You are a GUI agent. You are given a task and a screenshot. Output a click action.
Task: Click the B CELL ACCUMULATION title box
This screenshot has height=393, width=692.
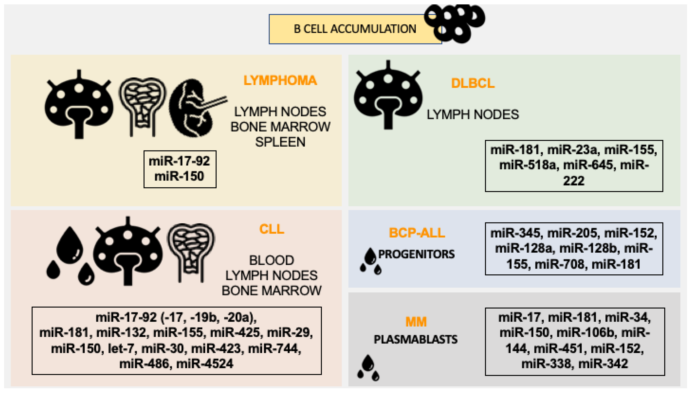tap(355, 29)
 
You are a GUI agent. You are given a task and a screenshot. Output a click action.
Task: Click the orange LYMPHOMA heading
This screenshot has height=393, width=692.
tap(280, 80)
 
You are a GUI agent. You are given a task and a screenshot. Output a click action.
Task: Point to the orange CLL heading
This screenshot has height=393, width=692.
tap(272, 229)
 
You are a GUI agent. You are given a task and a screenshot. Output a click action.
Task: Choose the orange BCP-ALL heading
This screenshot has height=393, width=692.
tap(417, 233)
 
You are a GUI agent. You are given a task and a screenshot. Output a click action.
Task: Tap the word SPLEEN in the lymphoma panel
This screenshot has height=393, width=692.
tap(280, 142)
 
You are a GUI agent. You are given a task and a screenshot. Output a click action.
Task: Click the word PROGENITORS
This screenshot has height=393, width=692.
tap(416, 254)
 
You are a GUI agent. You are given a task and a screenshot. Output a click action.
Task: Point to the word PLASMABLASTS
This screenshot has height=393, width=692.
tap(416, 339)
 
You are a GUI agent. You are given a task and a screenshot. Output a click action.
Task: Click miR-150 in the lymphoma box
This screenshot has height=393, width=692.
tap(179, 176)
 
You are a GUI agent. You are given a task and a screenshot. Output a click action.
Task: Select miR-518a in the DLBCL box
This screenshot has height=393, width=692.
tap(529, 165)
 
